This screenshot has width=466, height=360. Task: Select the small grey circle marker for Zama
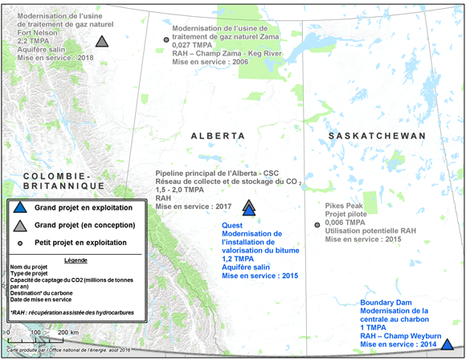[x=166, y=39]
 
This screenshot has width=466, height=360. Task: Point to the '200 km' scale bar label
[x=67, y=332]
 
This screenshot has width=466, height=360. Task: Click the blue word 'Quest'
[x=234, y=226]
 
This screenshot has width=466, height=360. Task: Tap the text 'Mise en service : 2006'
[x=211, y=61]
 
